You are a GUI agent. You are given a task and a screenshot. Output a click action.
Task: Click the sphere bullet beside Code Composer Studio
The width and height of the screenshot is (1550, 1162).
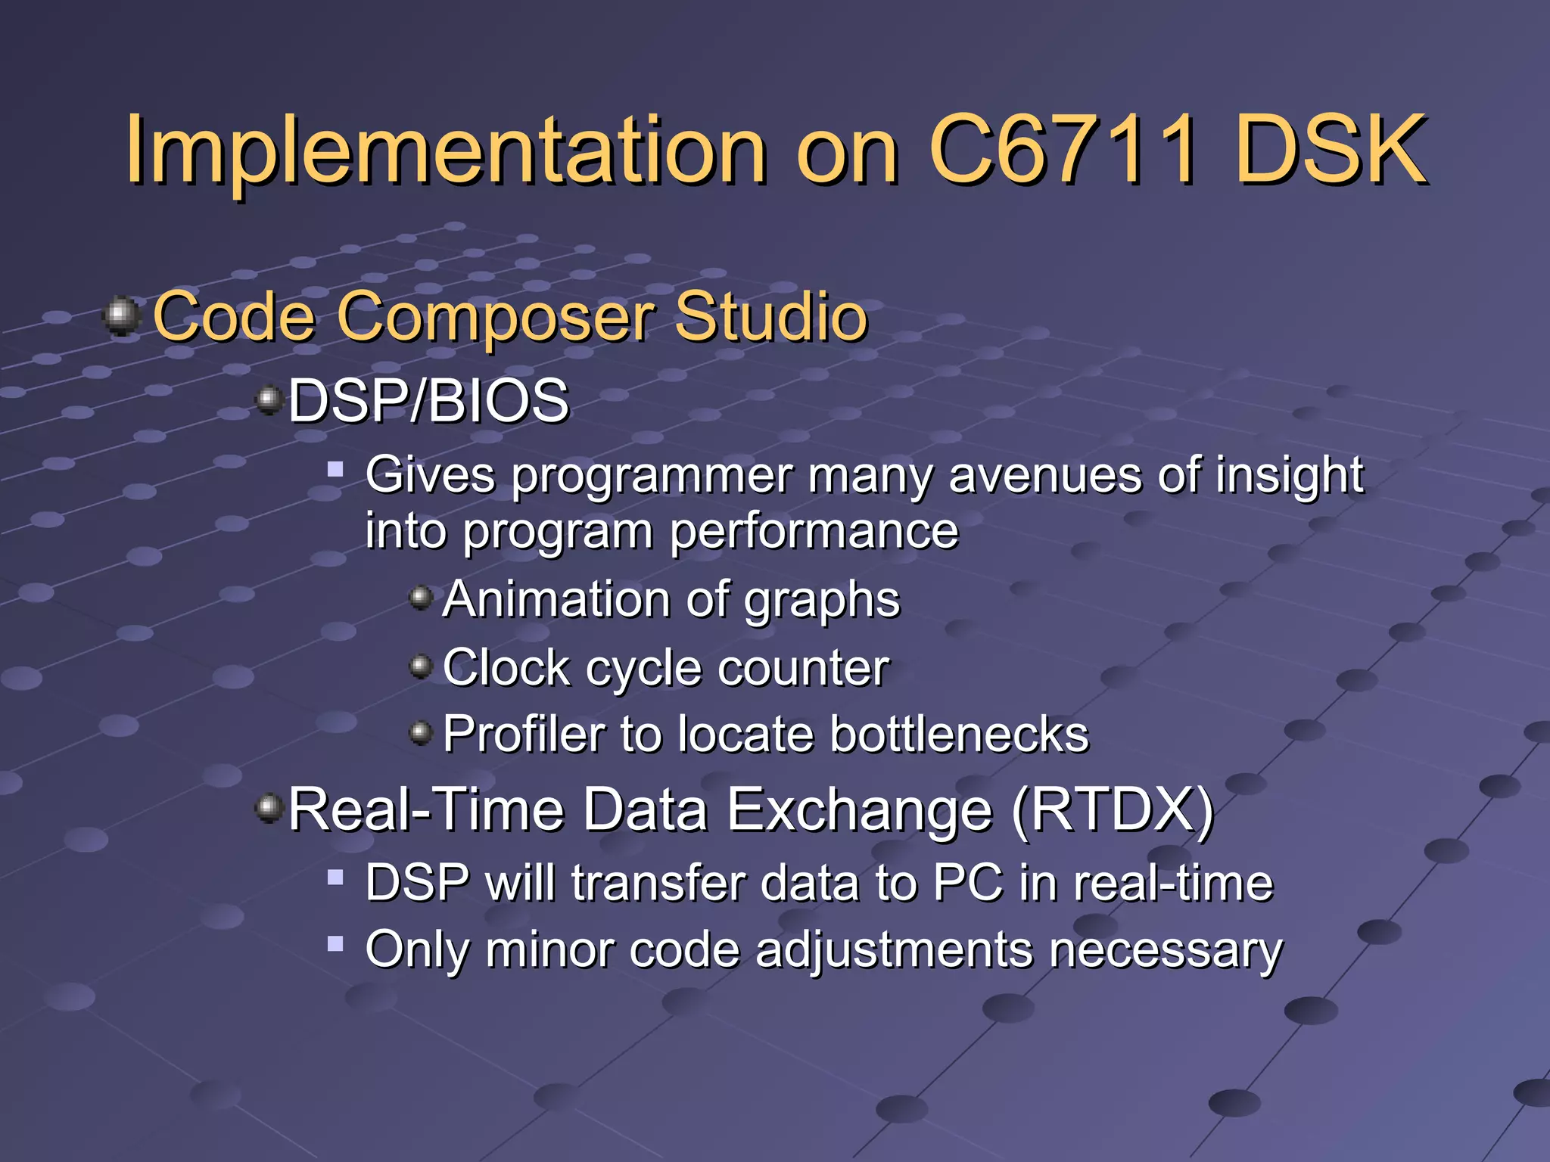point(121,315)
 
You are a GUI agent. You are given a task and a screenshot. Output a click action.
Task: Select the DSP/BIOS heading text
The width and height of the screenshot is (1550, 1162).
point(428,400)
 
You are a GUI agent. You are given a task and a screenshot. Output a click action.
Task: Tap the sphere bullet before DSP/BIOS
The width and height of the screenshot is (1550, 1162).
point(269,399)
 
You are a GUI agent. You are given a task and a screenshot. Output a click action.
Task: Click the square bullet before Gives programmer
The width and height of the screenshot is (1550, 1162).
point(335,471)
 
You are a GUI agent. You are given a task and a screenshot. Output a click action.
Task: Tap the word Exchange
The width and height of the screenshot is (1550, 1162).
point(859,810)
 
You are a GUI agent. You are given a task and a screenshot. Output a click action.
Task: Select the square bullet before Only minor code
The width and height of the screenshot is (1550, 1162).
point(335,943)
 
